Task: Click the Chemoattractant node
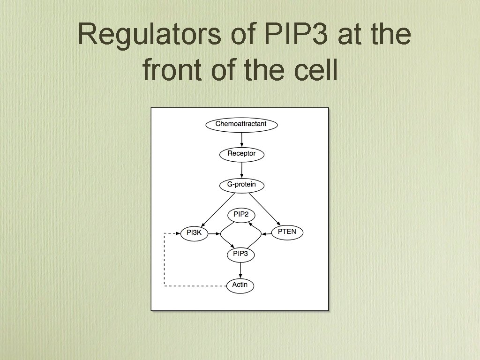tap(241, 125)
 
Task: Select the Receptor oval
tap(241, 154)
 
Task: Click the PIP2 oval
tap(241, 215)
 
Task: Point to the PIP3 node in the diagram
tap(241, 255)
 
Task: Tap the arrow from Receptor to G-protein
tap(241, 169)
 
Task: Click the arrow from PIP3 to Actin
tap(240, 270)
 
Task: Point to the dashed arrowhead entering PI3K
tap(177, 233)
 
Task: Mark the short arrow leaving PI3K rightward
tap(214, 233)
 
